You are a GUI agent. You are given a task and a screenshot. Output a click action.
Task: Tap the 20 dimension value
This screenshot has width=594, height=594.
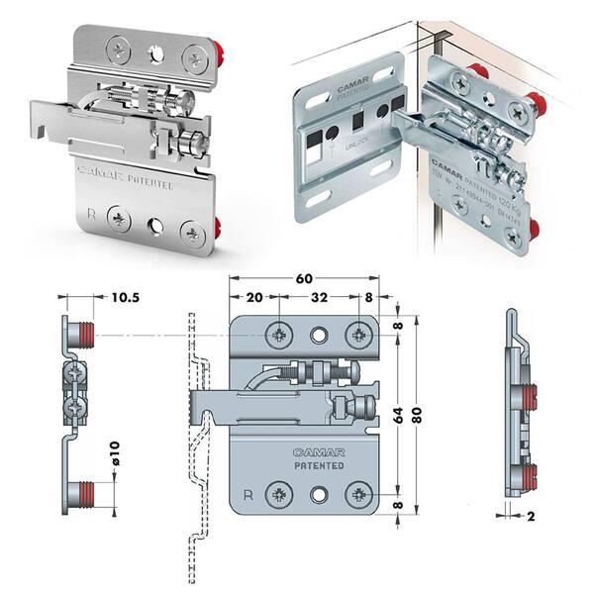point(255,296)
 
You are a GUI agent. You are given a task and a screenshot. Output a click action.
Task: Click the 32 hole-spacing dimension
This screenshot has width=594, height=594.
point(319,296)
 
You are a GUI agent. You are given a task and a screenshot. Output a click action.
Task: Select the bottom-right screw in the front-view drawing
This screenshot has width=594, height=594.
point(357,493)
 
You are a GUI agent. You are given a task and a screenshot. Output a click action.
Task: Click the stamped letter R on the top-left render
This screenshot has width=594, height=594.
point(92,212)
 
